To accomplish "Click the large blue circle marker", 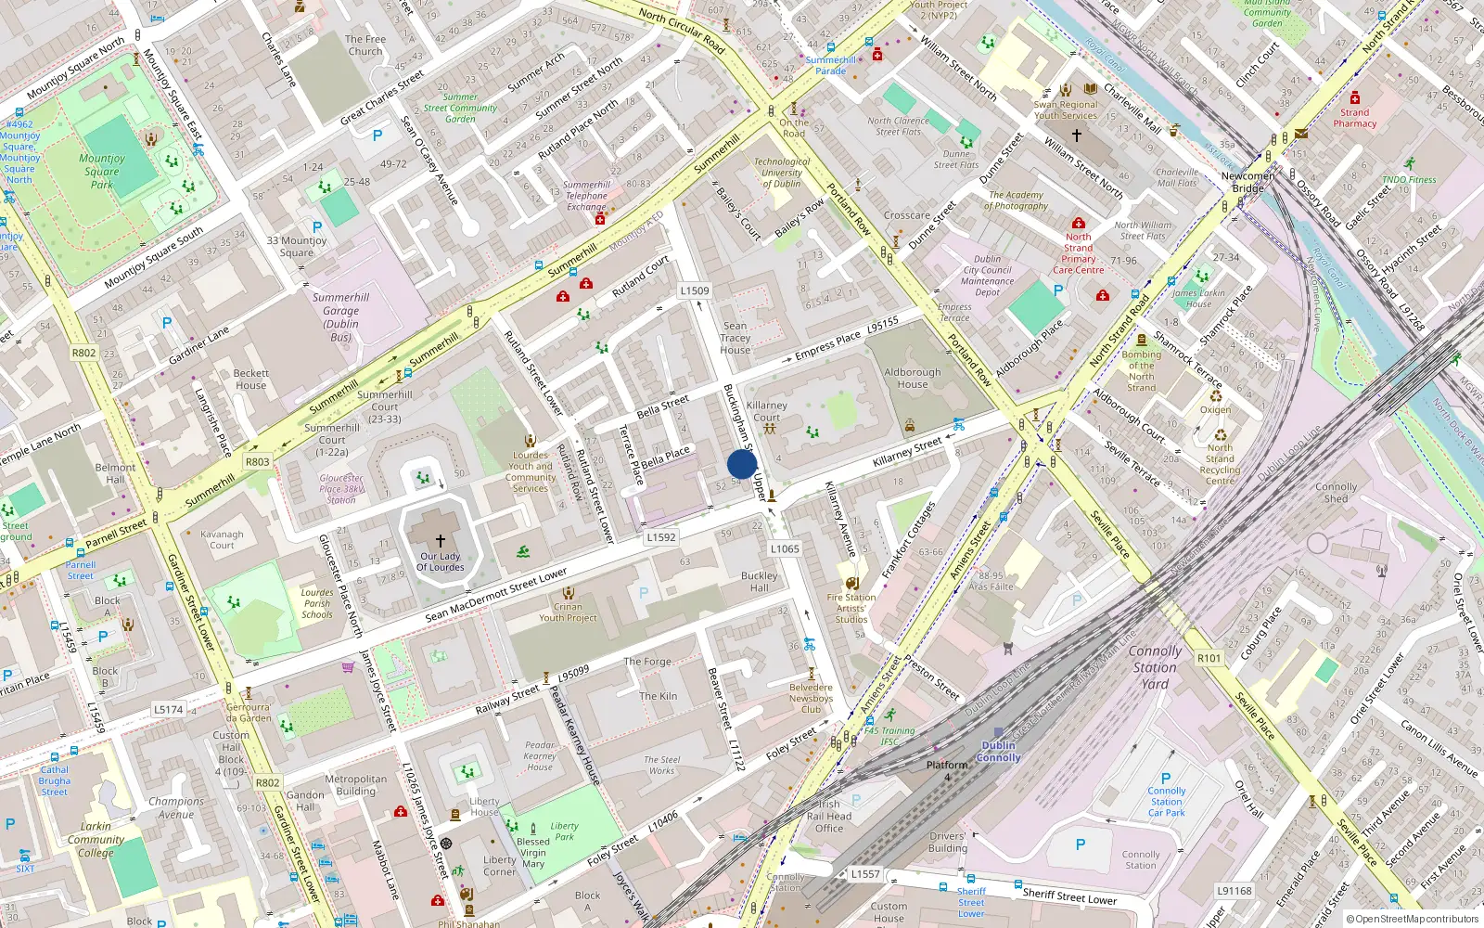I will click(x=742, y=464).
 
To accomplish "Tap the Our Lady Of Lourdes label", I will click(x=441, y=561).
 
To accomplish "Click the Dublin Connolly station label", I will click(x=998, y=752).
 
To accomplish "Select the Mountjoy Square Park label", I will click(x=102, y=172).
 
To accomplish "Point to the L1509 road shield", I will click(x=695, y=290).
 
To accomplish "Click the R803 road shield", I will click(x=257, y=461).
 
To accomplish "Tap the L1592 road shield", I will click(x=661, y=537).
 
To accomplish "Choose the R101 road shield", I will click(x=1209, y=658).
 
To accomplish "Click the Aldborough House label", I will click(x=913, y=378).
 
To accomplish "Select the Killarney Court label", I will click(x=767, y=411).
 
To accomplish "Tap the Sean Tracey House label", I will click(x=736, y=338).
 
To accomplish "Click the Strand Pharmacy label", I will click(x=1355, y=118).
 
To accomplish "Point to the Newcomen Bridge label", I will click(x=1248, y=182).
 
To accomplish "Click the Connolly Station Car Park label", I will click(x=1167, y=801).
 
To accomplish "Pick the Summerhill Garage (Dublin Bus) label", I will click(x=340, y=317).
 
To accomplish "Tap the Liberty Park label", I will click(x=564, y=831).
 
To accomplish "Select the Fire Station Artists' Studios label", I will click(x=851, y=609).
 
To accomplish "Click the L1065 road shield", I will click(x=785, y=548).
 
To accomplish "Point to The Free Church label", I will click(x=365, y=45).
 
